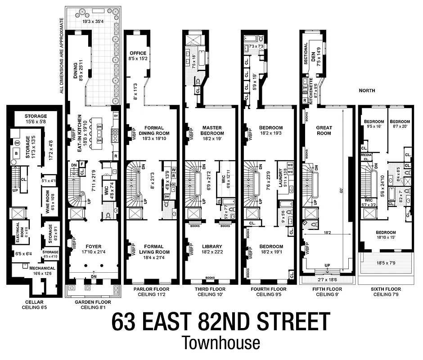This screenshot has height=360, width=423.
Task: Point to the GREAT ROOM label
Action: [x=324, y=130]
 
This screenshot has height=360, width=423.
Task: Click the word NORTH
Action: [x=367, y=90]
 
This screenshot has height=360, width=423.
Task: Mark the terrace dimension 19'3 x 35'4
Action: [x=92, y=21]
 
